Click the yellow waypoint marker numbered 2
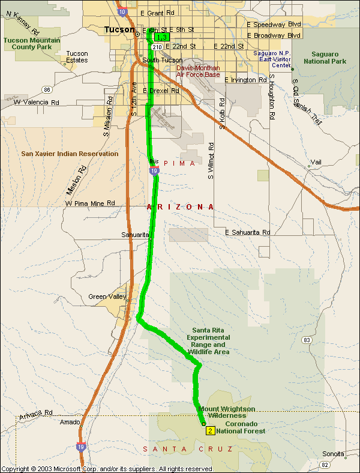pyautogui.click(x=210, y=430)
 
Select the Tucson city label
pyautogui.click(x=119, y=29)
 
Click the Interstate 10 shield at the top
pyautogui.click(x=122, y=12)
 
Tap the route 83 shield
pyautogui.click(x=307, y=340)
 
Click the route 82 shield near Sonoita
pyautogui.click(x=341, y=465)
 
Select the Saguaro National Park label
pyautogui.click(x=325, y=57)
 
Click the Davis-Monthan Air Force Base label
pyautogui.click(x=198, y=71)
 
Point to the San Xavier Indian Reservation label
pyautogui.click(x=70, y=154)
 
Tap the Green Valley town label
pyautogui.click(x=106, y=297)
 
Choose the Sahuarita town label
pyautogui.click(x=134, y=235)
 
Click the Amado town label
pyautogui.click(x=70, y=423)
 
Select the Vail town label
pyautogui.click(x=316, y=163)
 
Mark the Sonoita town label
pyautogui.click(x=334, y=454)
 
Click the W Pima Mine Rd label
pyautogui.click(x=90, y=204)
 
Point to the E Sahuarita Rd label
pyautogui.click(x=247, y=232)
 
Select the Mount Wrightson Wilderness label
pyautogui.click(x=226, y=412)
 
